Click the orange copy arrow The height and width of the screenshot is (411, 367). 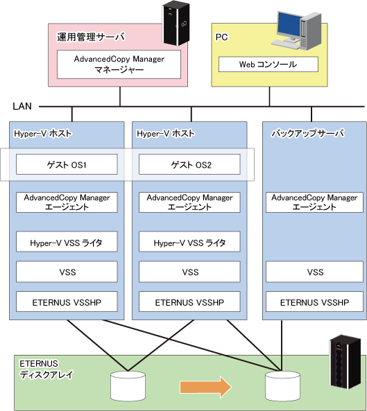click(x=205, y=387)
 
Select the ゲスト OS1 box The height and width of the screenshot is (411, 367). click(x=67, y=164)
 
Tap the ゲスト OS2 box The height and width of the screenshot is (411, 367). click(x=189, y=164)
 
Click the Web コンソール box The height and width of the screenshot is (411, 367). click(x=268, y=64)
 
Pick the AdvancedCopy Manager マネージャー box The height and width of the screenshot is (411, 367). click(x=119, y=64)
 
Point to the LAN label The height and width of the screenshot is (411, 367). click(x=22, y=106)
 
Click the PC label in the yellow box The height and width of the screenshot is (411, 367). click(x=222, y=37)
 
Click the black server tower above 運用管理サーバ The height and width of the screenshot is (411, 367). click(x=176, y=23)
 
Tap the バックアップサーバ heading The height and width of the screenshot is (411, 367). click(x=307, y=133)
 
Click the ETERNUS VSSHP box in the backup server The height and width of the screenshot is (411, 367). click(x=314, y=301)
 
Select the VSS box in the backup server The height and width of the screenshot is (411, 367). click(x=314, y=272)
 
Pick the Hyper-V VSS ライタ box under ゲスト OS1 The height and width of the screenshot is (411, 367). click(x=67, y=242)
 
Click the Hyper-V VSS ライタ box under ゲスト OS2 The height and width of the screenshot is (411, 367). click(x=189, y=242)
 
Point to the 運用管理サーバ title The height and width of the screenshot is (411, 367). click(x=90, y=37)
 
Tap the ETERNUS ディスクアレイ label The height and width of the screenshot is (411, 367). click(x=46, y=369)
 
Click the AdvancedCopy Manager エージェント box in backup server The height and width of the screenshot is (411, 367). click(x=314, y=202)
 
